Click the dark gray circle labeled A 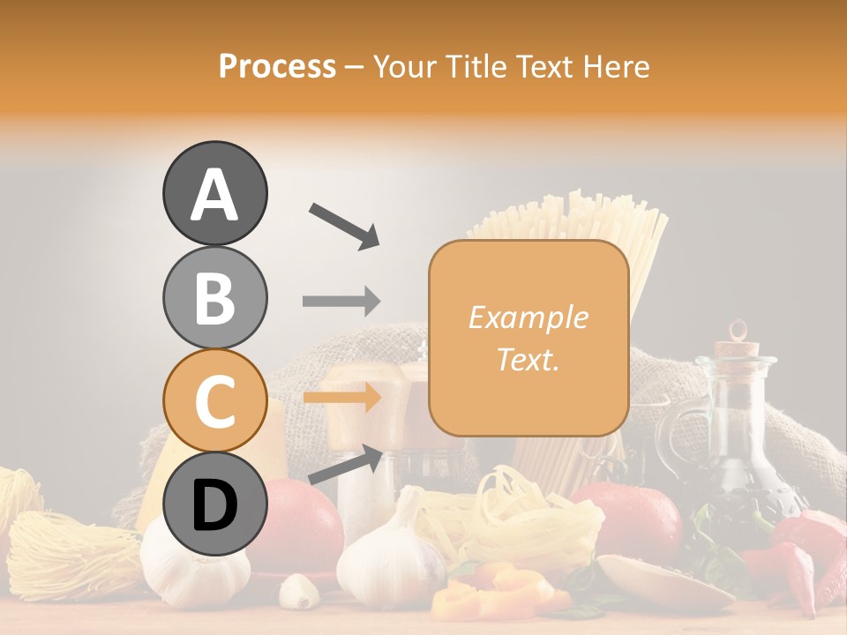pyautogui.click(x=214, y=193)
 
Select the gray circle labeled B pyautogui.click(x=214, y=297)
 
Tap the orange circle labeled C pyautogui.click(x=214, y=400)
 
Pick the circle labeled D pyautogui.click(x=214, y=504)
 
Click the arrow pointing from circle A pyautogui.click(x=344, y=224)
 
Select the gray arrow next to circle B pyautogui.click(x=341, y=302)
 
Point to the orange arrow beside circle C pyautogui.click(x=341, y=397)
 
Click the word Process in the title pyautogui.click(x=277, y=67)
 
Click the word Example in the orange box pyautogui.click(x=528, y=318)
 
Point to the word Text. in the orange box pyautogui.click(x=528, y=359)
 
